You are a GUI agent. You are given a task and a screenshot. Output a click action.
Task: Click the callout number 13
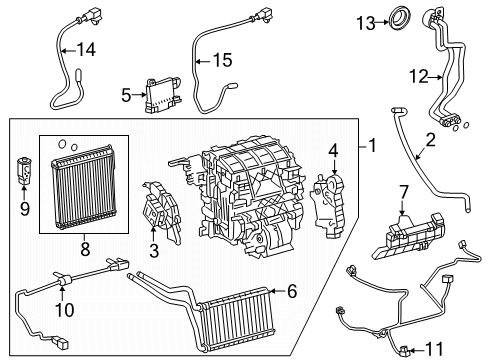click(368, 21)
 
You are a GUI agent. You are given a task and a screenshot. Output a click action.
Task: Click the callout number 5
click(126, 96)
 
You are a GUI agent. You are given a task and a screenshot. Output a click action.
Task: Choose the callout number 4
click(333, 152)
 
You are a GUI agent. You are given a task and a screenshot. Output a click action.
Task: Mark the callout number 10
click(67, 309)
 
